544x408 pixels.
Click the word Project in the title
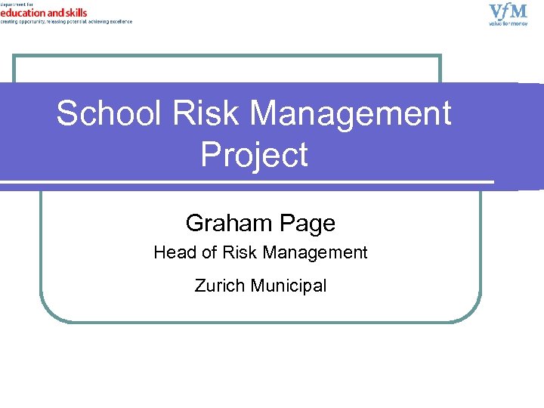(x=254, y=154)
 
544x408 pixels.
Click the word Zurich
(x=218, y=286)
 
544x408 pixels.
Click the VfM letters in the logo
(x=508, y=11)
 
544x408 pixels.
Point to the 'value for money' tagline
(x=508, y=23)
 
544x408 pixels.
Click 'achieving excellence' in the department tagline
(x=113, y=21)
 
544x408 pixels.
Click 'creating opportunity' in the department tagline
(x=23, y=21)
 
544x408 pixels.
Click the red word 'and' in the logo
(x=54, y=13)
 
